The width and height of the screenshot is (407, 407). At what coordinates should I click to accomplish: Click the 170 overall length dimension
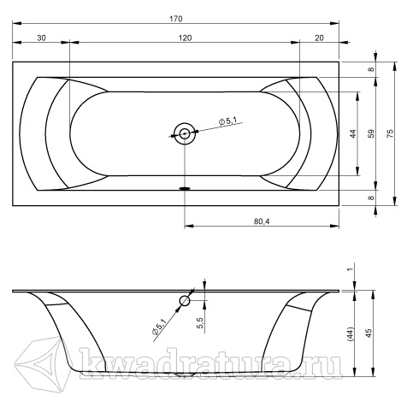pos(176,19)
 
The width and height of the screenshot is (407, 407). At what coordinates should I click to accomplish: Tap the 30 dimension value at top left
pos(41,38)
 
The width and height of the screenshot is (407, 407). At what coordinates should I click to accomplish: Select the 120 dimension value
pos(186,38)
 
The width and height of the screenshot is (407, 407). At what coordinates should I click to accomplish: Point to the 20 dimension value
pos(319,38)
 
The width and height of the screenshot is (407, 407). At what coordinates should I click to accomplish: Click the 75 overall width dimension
pos(390,133)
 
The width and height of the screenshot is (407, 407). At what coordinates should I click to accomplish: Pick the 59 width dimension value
pos(371,133)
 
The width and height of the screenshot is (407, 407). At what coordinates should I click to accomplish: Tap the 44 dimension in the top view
pos(353,133)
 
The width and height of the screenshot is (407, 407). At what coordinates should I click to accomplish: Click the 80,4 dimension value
pos(262,221)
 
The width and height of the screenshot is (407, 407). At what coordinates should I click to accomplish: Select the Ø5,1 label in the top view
pos(227,121)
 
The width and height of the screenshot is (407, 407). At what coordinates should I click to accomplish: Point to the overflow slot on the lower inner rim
pos(185,188)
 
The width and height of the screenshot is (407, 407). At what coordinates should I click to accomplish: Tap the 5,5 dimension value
pos(200,323)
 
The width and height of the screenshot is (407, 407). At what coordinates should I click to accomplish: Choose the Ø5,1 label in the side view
pos(159,327)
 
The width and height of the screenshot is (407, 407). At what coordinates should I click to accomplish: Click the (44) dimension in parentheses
pos(350,334)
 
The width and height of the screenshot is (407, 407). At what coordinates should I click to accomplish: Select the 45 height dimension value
pos(369,333)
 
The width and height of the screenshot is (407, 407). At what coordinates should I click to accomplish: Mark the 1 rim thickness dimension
pos(351,268)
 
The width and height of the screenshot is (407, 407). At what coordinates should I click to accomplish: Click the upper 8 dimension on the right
pos(371,69)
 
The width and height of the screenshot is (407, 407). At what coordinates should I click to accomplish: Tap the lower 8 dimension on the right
pos(371,198)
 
